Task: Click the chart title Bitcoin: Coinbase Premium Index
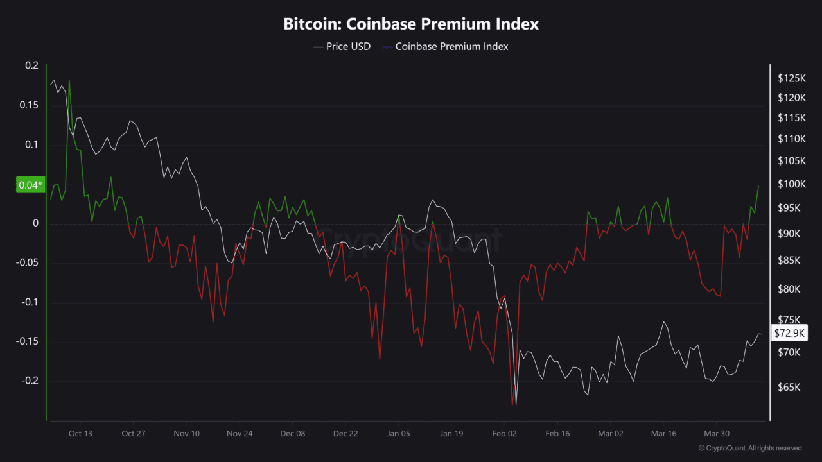pyautogui.click(x=411, y=24)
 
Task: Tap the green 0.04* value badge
pyautogui.click(x=30, y=185)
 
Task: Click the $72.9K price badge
pyautogui.click(x=788, y=333)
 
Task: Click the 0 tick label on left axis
pyautogui.click(x=36, y=223)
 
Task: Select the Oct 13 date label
pyautogui.click(x=80, y=434)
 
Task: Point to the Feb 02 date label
pyautogui.click(x=504, y=434)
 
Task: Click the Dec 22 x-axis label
pyautogui.click(x=345, y=434)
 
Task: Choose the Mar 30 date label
pyautogui.click(x=717, y=434)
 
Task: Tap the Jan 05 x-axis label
pyautogui.click(x=398, y=434)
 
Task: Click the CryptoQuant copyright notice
pyautogui.click(x=749, y=448)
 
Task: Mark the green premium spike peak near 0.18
pyautogui.click(x=69, y=81)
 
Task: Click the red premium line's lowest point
pyautogui.click(x=512, y=404)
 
